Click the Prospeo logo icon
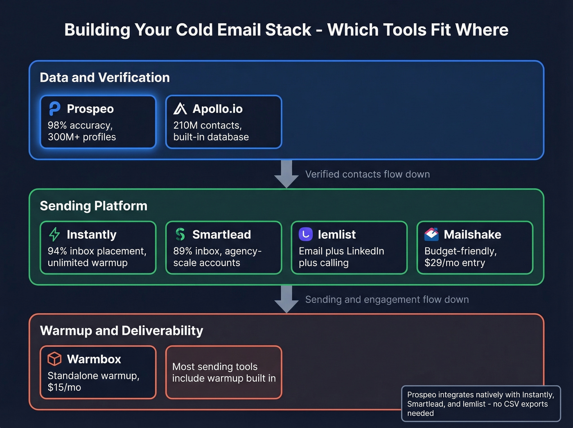coord(54,109)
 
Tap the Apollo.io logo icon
coord(180,109)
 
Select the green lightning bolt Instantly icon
coord(54,234)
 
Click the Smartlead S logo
coord(180,234)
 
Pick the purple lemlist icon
coord(306,234)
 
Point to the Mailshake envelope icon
coord(431,234)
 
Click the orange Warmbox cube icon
coord(54,359)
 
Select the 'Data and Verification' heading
coord(105,77)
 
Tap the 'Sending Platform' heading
coord(93,206)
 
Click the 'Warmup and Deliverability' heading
coord(122,331)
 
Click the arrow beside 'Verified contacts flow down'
coord(286,174)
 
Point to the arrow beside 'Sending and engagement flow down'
coord(286,299)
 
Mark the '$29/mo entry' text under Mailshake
coord(455,263)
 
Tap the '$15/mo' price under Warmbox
coord(64,387)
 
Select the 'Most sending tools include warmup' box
coord(224,372)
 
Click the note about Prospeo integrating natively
coord(481,404)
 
